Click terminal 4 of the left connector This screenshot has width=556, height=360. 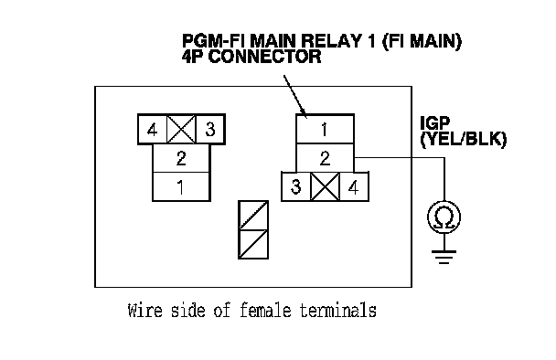[x=153, y=130]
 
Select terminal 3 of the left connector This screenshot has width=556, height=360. [x=210, y=130]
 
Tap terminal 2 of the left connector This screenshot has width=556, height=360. [x=181, y=158]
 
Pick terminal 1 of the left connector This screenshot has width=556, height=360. [x=181, y=186]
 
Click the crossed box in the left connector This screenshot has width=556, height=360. [x=181, y=130]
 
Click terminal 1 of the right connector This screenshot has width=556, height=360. [x=325, y=130]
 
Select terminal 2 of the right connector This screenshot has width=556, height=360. [x=325, y=158]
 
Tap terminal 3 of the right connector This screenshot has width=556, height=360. [x=296, y=186]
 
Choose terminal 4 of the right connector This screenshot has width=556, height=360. [x=354, y=186]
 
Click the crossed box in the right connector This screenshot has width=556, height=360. [x=325, y=186]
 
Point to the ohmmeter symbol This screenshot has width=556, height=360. [x=444, y=217]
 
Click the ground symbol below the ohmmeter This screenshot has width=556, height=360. [x=444, y=257]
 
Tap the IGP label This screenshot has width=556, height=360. [x=434, y=123]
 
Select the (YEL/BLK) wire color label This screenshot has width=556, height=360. [x=463, y=139]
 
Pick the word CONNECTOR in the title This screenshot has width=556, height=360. [x=265, y=57]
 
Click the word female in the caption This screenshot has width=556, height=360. [x=265, y=311]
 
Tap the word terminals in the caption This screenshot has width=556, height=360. [x=338, y=311]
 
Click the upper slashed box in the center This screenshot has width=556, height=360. [x=253, y=216]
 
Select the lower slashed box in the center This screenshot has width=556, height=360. [x=253, y=244]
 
